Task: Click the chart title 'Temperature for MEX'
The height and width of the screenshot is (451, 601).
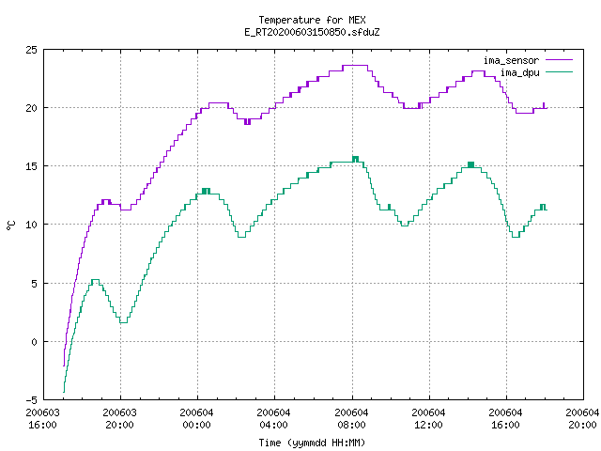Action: pyautogui.click(x=312, y=20)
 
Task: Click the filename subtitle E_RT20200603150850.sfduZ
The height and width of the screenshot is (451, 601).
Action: pyautogui.click(x=312, y=32)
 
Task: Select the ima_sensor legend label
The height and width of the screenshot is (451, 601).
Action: pyautogui.click(x=511, y=60)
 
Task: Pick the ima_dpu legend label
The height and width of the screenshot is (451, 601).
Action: pyautogui.click(x=519, y=72)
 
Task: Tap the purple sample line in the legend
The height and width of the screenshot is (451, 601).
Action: pyautogui.click(x=560, y=60)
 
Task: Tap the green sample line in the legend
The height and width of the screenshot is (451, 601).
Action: pyautogui.click(x=560, y=71)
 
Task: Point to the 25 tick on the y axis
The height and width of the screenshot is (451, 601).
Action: pyautogui.click(x=31, y=50)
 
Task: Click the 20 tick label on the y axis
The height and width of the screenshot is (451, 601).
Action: pyautogui.click(x=31, y=108)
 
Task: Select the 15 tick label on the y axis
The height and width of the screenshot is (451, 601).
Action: pyautogui.click(x=31, y=166)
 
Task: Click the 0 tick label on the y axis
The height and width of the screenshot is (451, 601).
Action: pyautogui.click(x=34, y=342)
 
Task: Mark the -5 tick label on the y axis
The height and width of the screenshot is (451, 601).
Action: pyautogui.click(x=31, y=400)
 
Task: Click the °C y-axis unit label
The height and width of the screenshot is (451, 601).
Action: pyautogui.click(x=10, y=225)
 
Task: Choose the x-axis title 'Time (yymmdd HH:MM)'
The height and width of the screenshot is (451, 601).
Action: pyautogui.click(x=312, y=443)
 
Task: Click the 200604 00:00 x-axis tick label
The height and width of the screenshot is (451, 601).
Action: pyautogui.click(x=196, y=419)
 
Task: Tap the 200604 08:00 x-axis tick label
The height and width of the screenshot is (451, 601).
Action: pyautogui.click(x=351, y=419)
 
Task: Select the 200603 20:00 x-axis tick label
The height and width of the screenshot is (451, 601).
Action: pyautogui.click(x=119, y=419)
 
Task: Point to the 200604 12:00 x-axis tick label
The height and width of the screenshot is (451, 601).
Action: pyautogui.click(x=428, y=419)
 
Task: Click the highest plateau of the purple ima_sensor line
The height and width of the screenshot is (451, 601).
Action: pyautogui.click(x=355, y=66)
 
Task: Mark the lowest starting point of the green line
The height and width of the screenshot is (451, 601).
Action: pyautogui.click(x=64, y=392)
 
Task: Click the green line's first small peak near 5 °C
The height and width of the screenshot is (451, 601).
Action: pyautogui.click(x=95, y=280)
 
